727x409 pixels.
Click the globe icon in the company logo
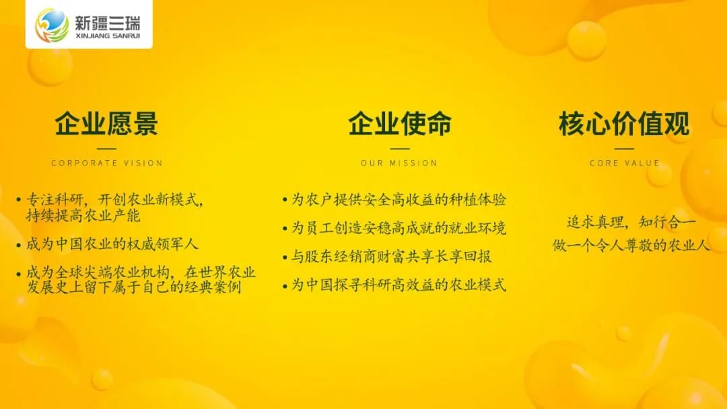52,25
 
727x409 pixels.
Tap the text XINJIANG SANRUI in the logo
107,36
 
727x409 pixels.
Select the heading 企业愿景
106,123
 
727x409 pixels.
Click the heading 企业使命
400,123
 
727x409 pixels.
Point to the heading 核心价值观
624,123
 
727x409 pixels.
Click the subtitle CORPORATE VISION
107,163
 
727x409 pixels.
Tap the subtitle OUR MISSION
399,163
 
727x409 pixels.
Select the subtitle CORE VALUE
625,163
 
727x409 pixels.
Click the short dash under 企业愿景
106,149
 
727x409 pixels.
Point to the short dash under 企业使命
400,149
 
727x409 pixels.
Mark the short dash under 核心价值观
624,149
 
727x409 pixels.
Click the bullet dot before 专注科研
19,200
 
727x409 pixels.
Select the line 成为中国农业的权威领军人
112,244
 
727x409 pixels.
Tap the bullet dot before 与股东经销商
285,257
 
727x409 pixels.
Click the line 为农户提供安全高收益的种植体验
399,200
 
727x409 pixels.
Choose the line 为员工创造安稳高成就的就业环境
399,228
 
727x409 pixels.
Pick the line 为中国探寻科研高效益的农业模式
399,285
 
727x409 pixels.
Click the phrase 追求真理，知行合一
631,223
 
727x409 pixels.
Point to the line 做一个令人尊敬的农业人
631,245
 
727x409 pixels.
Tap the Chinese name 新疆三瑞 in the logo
107,22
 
